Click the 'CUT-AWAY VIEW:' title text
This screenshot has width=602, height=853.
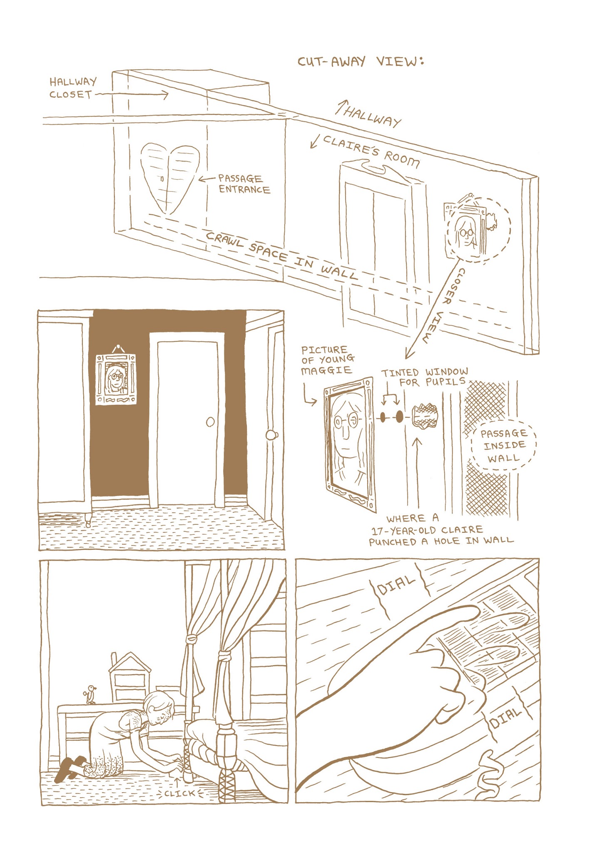pos(361,62)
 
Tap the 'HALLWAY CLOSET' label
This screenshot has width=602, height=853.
pos(73,88)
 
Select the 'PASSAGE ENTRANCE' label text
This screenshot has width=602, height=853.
pos(244,184)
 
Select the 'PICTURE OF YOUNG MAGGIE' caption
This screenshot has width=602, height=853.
pos(328,360)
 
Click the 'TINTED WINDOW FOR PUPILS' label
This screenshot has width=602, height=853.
pos(425,377)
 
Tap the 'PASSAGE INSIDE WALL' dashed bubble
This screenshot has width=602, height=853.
pos(504,445)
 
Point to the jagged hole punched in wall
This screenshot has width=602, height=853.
pos(425,416)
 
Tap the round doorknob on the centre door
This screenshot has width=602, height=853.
pos(211,422)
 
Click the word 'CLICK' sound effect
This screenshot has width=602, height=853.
pos(179,793)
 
